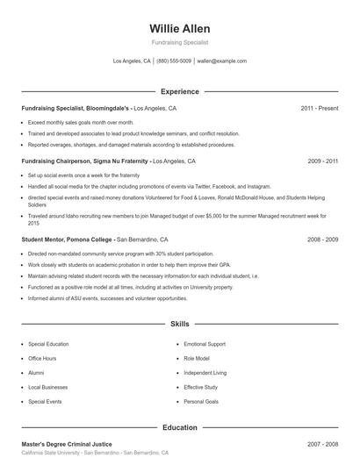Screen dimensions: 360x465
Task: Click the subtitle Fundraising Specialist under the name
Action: pyautogui.click(x=179, y=42)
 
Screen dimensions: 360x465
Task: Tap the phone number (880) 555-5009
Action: pyautogui.click(x=174, y=61)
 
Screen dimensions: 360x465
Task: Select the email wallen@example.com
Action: pyautogui.click(x=221, y=61)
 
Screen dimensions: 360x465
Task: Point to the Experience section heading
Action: pyautogui.click(x=179, y=91)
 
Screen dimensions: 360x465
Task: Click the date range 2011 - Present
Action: pyautogui.click(x=319, y=108)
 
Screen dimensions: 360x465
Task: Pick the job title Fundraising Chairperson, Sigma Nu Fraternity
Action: pyautogui.click(x=84, y=162)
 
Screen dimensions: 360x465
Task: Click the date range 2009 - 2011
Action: pyautogui.click(x=322, y=162)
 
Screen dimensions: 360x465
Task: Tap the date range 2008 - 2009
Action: pyautogui.click(x=322, y=239)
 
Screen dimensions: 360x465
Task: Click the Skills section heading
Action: pyautogui.click(x=179, y=324)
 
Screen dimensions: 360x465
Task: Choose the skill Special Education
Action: pyautogui.click(x=48, y=344)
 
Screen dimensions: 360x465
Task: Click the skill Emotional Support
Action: pyautogui.click(x=205, y=344)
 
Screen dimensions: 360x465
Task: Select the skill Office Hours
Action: pyautogui.click(x=42, y=358)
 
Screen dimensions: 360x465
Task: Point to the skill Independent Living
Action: pyautogui.click(x=205, y=373)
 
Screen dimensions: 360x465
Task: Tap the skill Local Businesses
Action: pyautogui.click(x=47, y=387)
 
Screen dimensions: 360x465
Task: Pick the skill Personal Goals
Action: pyautogui.click(x=200, y=401)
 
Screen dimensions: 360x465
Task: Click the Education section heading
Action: pyautogui.click(x=179, y=427)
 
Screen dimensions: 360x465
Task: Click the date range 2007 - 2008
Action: pyautogui.click(x=322, y=444)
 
